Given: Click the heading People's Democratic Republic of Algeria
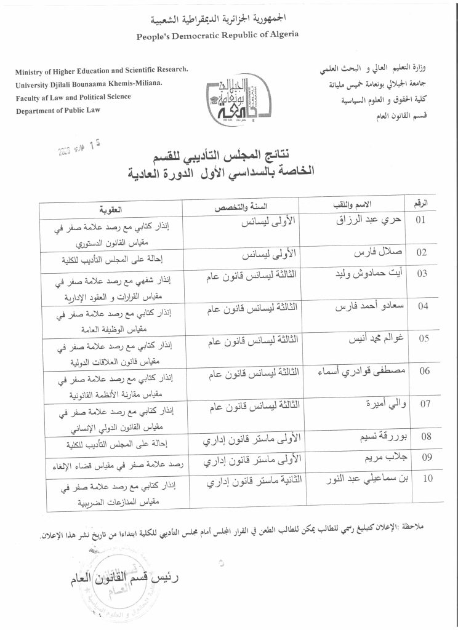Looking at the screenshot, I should click(x=218, y=34).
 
